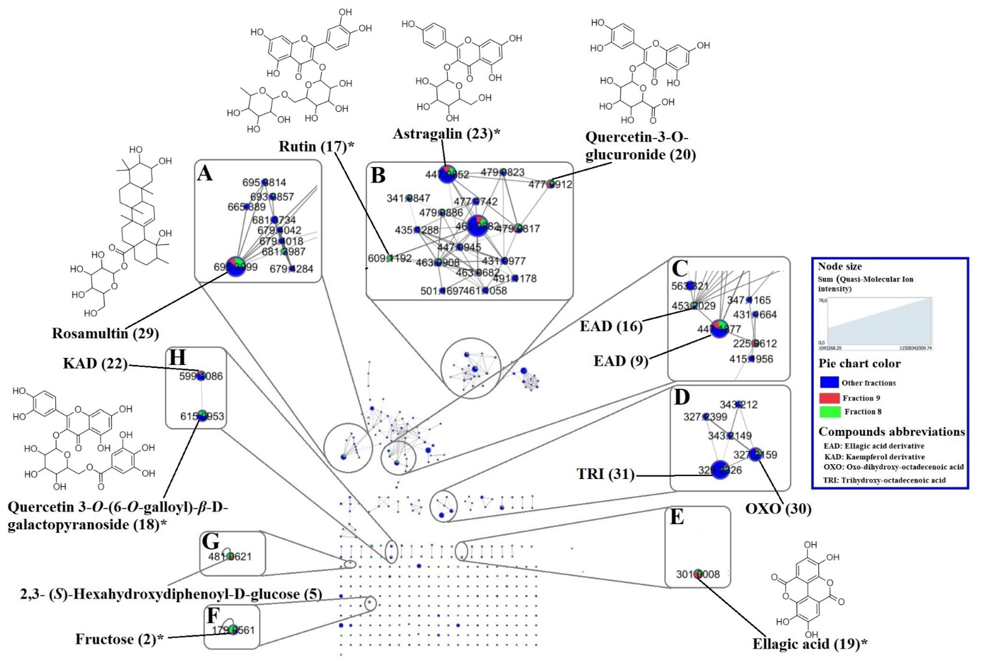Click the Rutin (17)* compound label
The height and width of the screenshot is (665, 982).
coord(316,147)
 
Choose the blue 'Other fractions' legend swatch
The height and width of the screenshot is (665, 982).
coord(829,382)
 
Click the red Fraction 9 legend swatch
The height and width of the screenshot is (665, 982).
coord(829,398)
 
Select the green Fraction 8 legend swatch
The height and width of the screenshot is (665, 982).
coord(829,411)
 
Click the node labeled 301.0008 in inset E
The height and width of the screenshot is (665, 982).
coord(698,573)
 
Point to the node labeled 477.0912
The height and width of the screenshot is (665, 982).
coord(550,184)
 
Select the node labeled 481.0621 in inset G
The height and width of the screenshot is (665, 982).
coord(230,556)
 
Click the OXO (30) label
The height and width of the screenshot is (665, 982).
coord(778,509)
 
